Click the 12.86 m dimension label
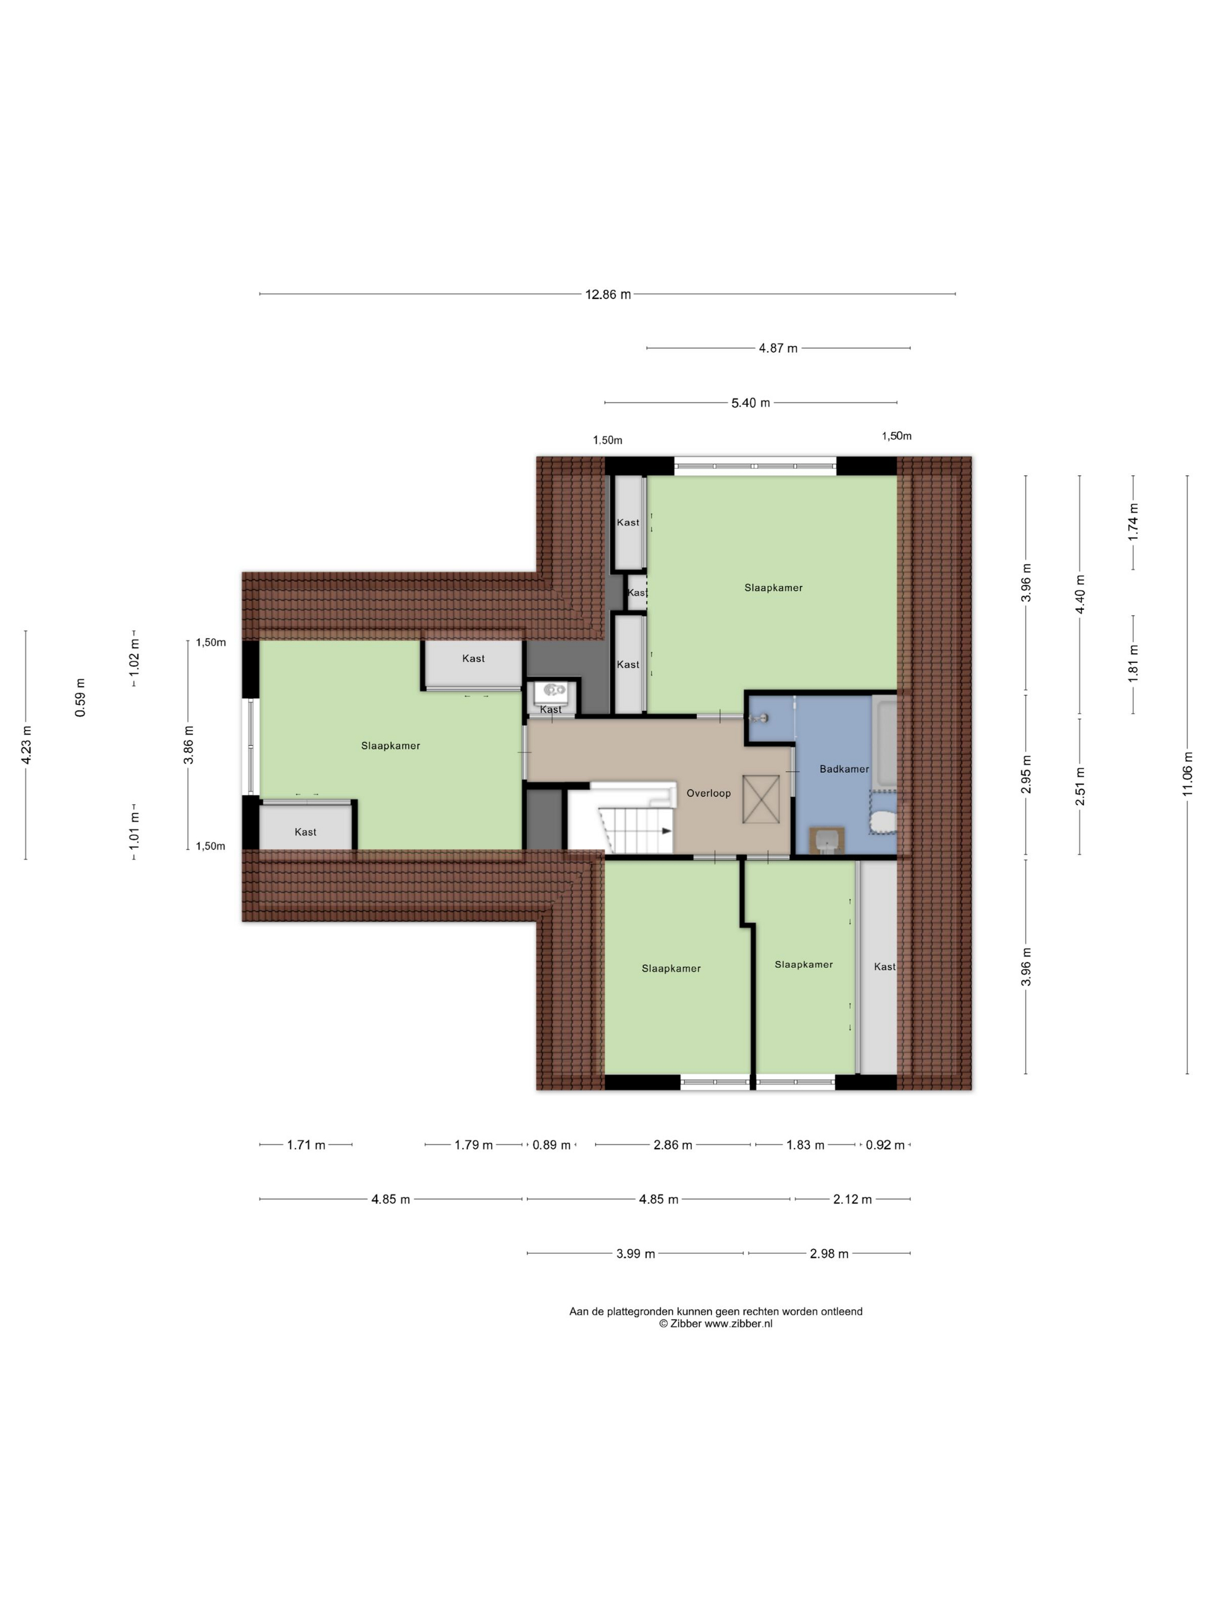click(x=608, y=295)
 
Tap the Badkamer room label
click(x=844, y=769)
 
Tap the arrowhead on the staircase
click(x=666, y=830)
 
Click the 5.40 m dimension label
click(x=750, y=403)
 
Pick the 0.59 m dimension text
click(x=80, y=698)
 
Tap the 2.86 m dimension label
click(x=673, y=1145)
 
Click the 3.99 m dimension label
click(x=635, y=1254)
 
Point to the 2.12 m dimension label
click(x=853, y=1199)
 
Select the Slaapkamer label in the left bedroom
click(x=390, y=746)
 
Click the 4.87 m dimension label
click(x=778, y=349)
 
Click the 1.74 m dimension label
click(x=1133, y=522)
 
